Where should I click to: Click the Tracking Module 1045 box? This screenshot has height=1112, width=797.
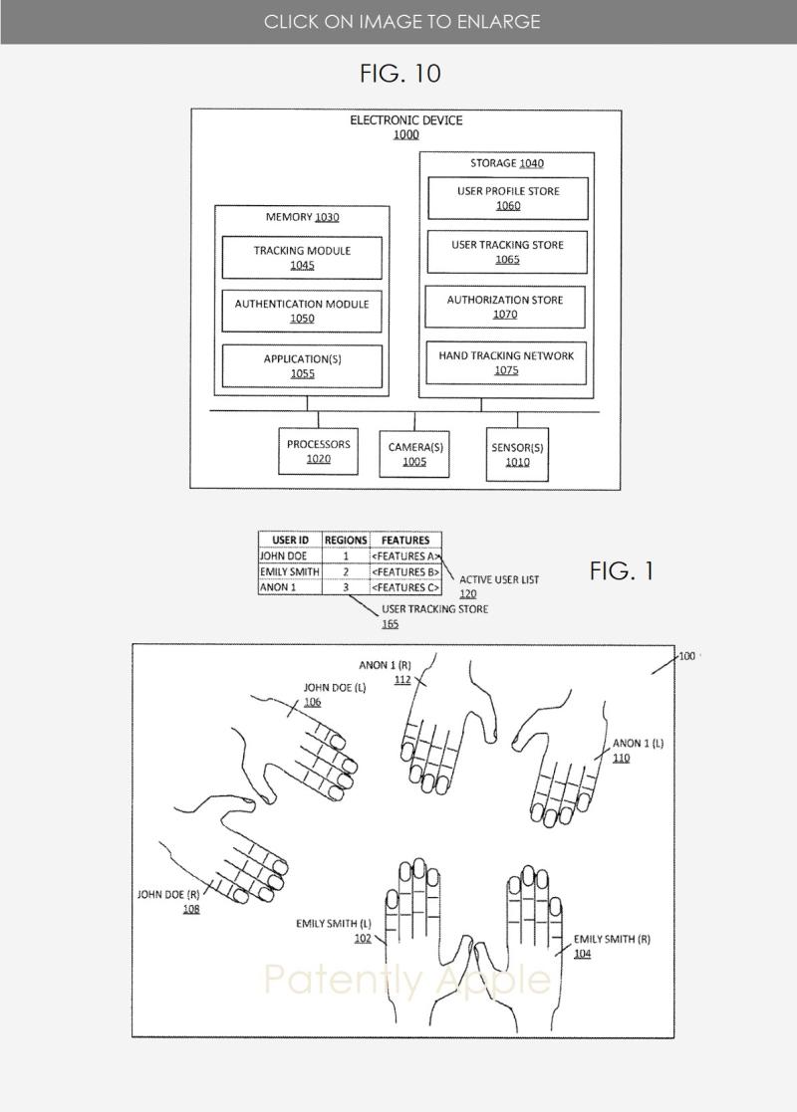click(x=302, y=258)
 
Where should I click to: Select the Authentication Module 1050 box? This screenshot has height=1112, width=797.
click(x=302, y=311)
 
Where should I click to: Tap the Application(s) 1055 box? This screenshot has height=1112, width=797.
click(x=302, y=365)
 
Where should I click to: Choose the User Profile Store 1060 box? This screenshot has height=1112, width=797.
click(x=508, y=198)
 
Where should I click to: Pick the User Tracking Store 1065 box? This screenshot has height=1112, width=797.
click(x=507, y=252)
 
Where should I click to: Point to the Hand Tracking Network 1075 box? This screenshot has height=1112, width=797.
click(x=506, y=362)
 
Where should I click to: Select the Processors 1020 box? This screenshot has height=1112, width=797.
click(x=319, y=451)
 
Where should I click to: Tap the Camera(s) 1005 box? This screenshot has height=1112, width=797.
click(x=415, y=454)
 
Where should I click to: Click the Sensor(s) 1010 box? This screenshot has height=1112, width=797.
click(x=517, y=454)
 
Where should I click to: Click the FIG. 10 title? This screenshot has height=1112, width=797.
click(x=399, y=74)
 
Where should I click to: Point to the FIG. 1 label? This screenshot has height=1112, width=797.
click(x=622, y=571)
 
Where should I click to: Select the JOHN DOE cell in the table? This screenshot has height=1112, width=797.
click(x=289, y=556)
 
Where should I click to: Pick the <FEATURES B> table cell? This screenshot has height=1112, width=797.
click(x=405, y=572)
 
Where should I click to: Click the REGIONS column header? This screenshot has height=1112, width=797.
click(x=346, y=541)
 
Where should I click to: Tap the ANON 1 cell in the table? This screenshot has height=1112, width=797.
click(x=289, y=588)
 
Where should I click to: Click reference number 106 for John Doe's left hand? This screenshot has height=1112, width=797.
click(x=313, y=702)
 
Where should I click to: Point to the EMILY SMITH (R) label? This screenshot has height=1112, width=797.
click(x=612, y=939)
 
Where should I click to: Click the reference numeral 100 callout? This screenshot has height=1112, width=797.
click(x=687, y=656)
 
